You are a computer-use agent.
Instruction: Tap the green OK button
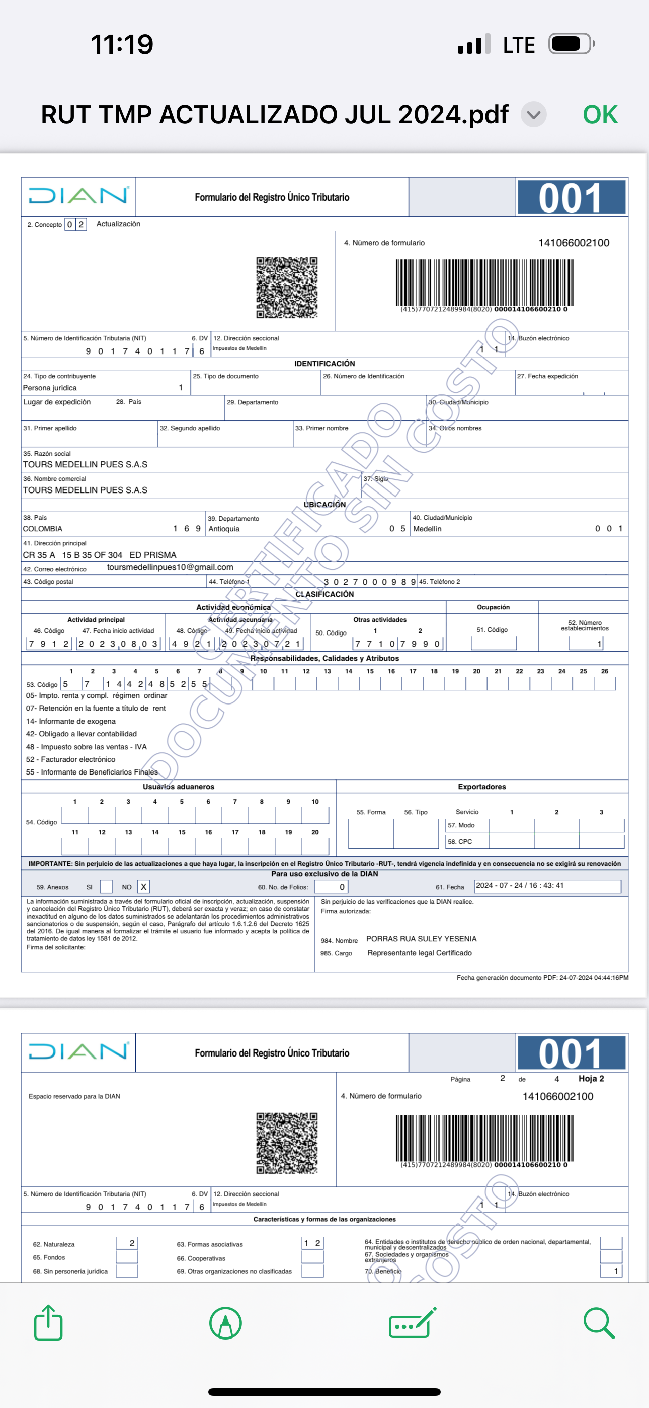tap(600, 115)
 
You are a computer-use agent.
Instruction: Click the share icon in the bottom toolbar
tap(48, 1323)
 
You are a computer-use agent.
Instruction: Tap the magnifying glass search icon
tap(599, 1323)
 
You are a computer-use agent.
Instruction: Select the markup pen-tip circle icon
tap(225, 1323)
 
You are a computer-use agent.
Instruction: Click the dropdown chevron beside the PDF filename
tap(534, 115)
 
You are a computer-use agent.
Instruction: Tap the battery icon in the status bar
tap(571, 44)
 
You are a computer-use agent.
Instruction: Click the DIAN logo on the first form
tap(78, 196)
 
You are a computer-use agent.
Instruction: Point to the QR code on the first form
tap(287, 288)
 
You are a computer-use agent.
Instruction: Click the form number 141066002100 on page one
tap(574, 243)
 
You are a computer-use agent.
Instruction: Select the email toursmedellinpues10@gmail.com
tap(170, 567)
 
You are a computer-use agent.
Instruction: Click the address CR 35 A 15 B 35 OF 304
tap(72, 555)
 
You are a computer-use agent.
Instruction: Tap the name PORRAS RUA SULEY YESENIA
tap(421, 939)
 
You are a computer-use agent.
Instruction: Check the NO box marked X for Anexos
tap(144, 887)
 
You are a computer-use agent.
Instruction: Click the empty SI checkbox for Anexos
tap(106, 887)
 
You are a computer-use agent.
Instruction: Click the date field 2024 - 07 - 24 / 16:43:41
tap(547, 885)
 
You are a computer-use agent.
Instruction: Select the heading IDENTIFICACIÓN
tap(324, 364)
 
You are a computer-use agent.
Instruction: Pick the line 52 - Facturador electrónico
tap(70, 759)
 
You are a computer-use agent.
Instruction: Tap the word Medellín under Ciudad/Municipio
tap(427, 529)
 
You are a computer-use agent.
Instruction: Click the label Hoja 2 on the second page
tap(591, 1079)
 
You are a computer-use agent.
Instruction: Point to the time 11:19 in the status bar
tap(122, 44)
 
